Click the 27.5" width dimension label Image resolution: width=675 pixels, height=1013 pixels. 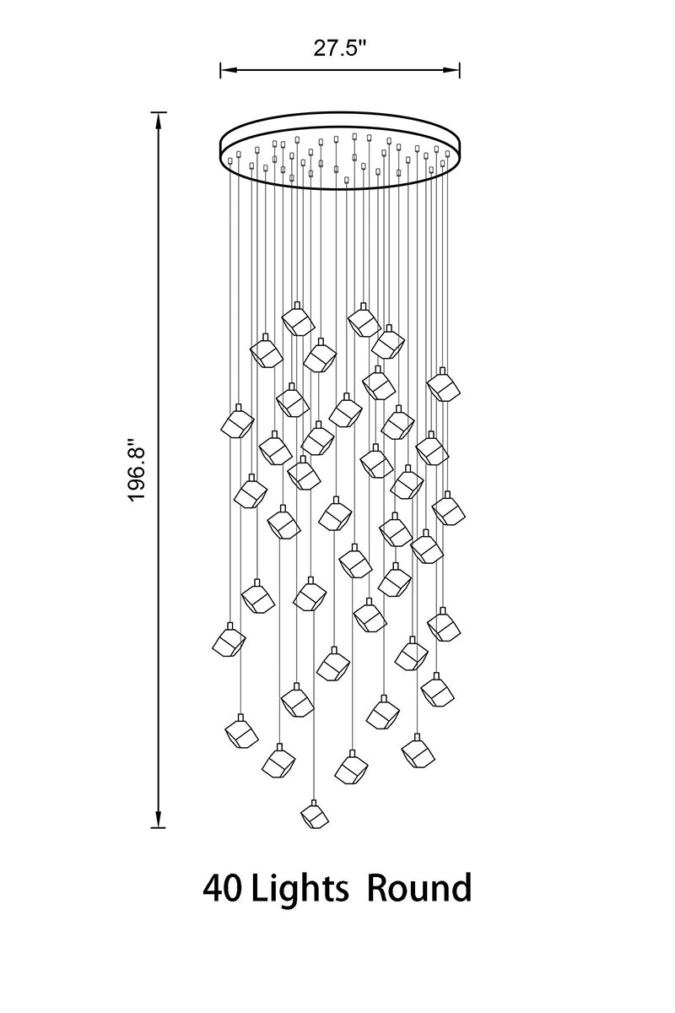[x=339, y=47]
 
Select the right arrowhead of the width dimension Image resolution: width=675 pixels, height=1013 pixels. [x=451, y=70]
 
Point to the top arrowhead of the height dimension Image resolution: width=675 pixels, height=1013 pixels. [x=158, y=121]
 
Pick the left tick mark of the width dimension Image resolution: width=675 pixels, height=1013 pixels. [x=220, y=70]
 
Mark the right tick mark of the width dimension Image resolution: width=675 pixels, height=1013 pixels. [x=459, y=70]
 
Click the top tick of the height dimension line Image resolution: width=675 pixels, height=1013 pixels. [x=158, y=111]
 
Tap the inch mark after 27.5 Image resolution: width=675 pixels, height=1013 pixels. [x=362, y=42]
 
